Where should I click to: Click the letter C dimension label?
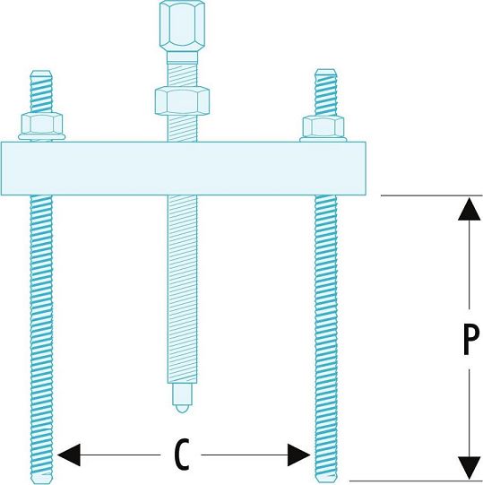(x=182, y=455)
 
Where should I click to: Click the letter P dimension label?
(x=471, y=339)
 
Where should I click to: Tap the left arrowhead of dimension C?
(x=69, y=455)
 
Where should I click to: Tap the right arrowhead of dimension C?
(x=298, y=455)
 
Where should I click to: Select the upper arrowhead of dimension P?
(x=470, y=209)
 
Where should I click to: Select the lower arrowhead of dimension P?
(x=470, y=468)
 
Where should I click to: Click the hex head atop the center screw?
(x=182, y=25)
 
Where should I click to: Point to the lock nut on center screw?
(x=182, y=100)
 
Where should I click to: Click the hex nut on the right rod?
(x=323, y=126)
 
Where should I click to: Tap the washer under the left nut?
(x=42, y=137)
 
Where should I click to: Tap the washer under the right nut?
(x=323, y=140)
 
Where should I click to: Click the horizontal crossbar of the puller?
(x=184, y=169)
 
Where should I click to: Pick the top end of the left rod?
(x=41, y=71)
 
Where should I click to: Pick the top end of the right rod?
(x=325, y=70)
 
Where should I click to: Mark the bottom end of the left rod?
(x=42, y=482)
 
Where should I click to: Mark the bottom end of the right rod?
(x=326, y=481)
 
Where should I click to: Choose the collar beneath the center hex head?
(x=182, y=57)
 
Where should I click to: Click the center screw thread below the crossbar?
(x=182, y=290)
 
